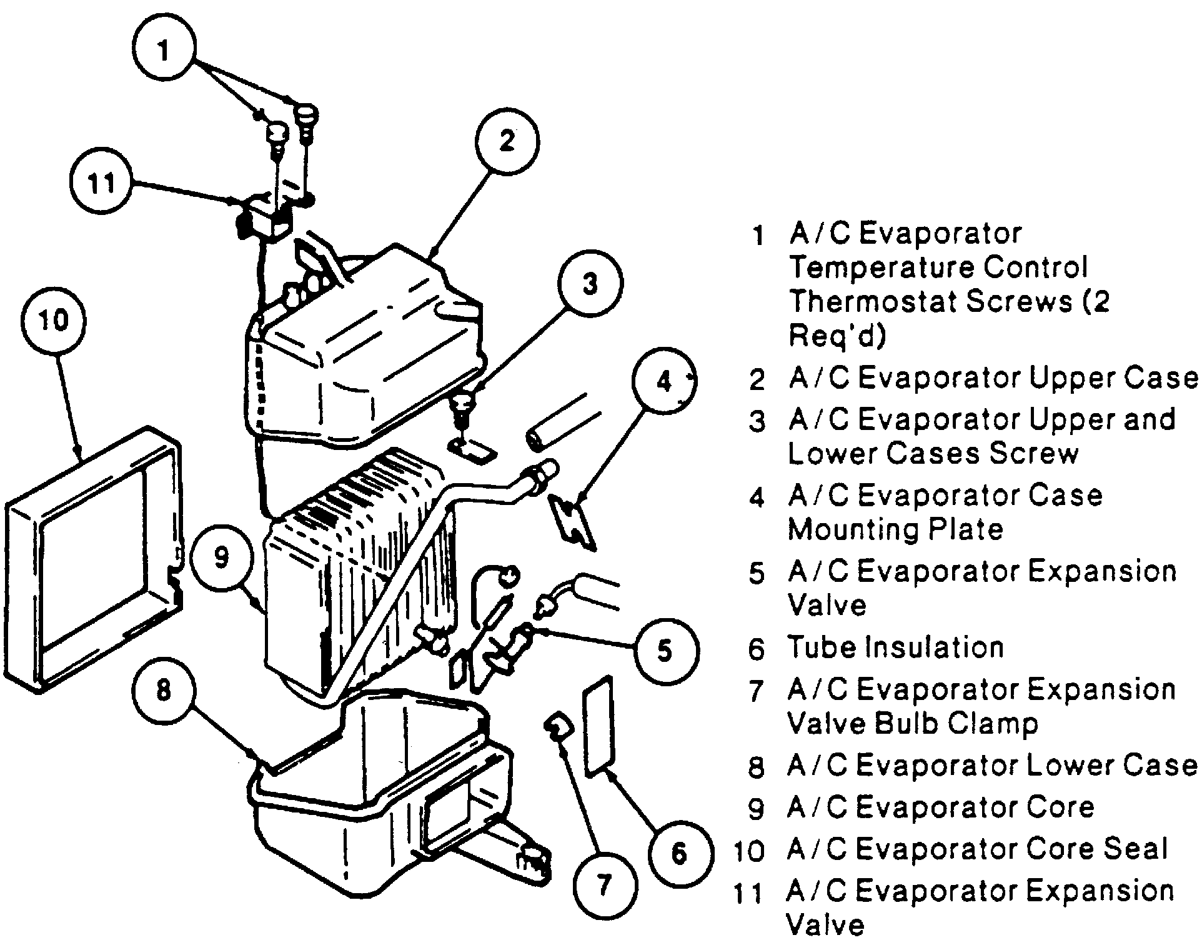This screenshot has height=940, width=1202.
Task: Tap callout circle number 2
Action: coord(507,141)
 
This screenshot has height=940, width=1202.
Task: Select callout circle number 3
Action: coord(590,284)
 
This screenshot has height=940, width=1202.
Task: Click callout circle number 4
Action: coord(663,381)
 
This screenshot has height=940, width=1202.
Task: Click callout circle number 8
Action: coord(164,691)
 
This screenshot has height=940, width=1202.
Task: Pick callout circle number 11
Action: coord(102,183)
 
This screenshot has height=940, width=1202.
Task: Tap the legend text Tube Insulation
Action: coord(895,647)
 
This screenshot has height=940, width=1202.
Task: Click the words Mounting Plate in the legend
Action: coord(895,530)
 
